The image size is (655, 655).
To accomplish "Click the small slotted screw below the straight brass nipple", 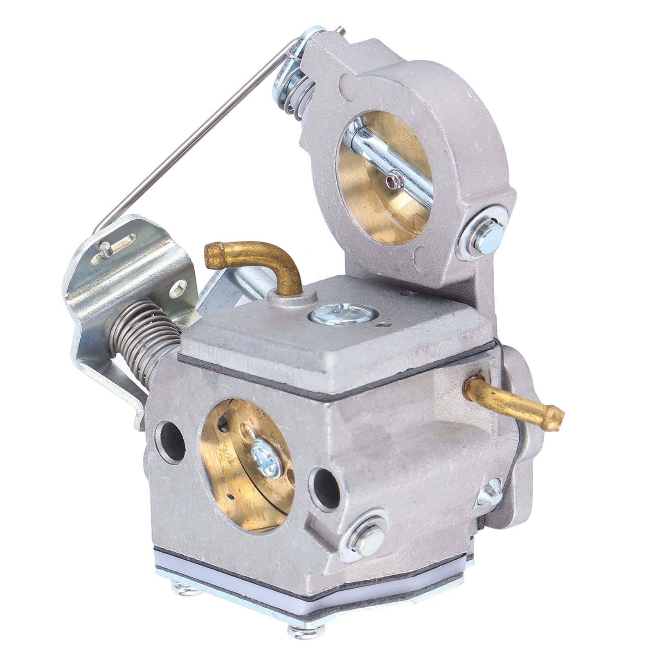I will click(491, 493).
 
